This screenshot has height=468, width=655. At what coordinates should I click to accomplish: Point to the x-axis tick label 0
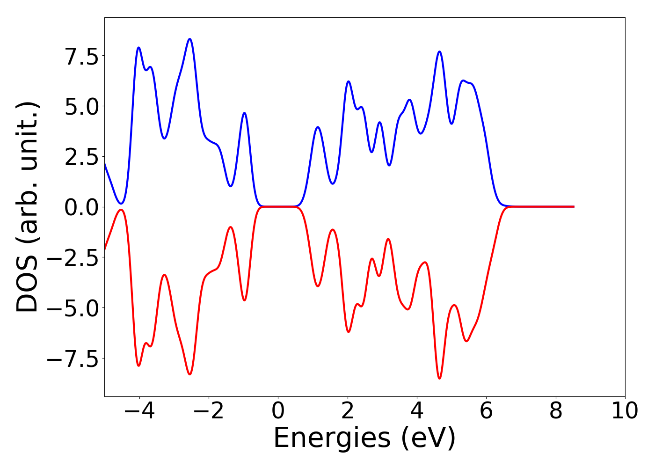pos(278,411)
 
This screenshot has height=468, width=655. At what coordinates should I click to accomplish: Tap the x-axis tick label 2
pos(347,411)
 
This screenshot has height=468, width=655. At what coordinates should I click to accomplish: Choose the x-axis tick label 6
pos(486,411)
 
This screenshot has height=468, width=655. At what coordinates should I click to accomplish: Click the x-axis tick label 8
pos(556,411)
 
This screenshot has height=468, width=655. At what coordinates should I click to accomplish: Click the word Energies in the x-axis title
pos(331,439)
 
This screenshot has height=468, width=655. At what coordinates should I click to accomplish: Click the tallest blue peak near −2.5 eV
pos(189,39)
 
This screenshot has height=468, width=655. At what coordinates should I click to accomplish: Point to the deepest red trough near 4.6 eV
pos(439,378)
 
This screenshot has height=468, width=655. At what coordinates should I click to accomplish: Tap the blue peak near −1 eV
pos(244,113)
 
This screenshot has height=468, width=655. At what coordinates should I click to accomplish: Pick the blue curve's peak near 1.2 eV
pos(318,127)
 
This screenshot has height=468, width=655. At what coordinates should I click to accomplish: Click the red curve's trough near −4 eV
pos(138,366)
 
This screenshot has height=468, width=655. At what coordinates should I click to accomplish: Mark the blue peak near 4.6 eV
pos(439,51)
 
